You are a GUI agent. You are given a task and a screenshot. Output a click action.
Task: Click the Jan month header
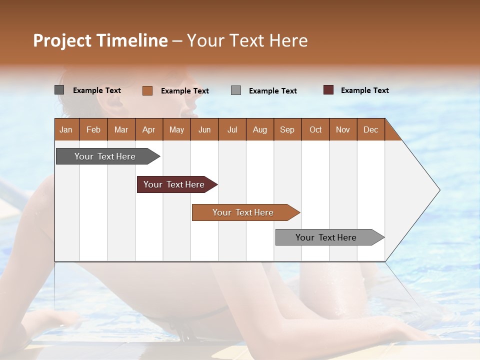(66, 129)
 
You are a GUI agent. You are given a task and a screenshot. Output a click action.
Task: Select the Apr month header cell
(149, 129)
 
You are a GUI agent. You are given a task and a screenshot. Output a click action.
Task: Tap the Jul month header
(232, 129)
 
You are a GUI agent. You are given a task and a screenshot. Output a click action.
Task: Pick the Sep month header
(287, 129)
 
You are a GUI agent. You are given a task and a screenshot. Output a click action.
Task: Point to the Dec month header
(370, 129)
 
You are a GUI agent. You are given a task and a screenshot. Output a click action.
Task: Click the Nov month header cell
(343, 129)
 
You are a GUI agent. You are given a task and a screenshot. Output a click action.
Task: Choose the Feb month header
(93, 129)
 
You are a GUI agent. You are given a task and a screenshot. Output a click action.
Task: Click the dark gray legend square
(59, 90)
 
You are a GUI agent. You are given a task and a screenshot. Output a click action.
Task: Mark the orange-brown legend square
(147, 90)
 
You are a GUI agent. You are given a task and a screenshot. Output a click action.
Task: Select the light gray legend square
(236, 90)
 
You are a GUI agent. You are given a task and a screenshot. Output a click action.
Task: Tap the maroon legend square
(328, 90)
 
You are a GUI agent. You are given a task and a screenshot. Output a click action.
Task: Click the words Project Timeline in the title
(100, 40)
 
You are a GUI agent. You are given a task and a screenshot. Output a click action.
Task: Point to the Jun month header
(204, 129)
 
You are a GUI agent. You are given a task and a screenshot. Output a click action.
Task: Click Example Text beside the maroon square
(364, 90)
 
